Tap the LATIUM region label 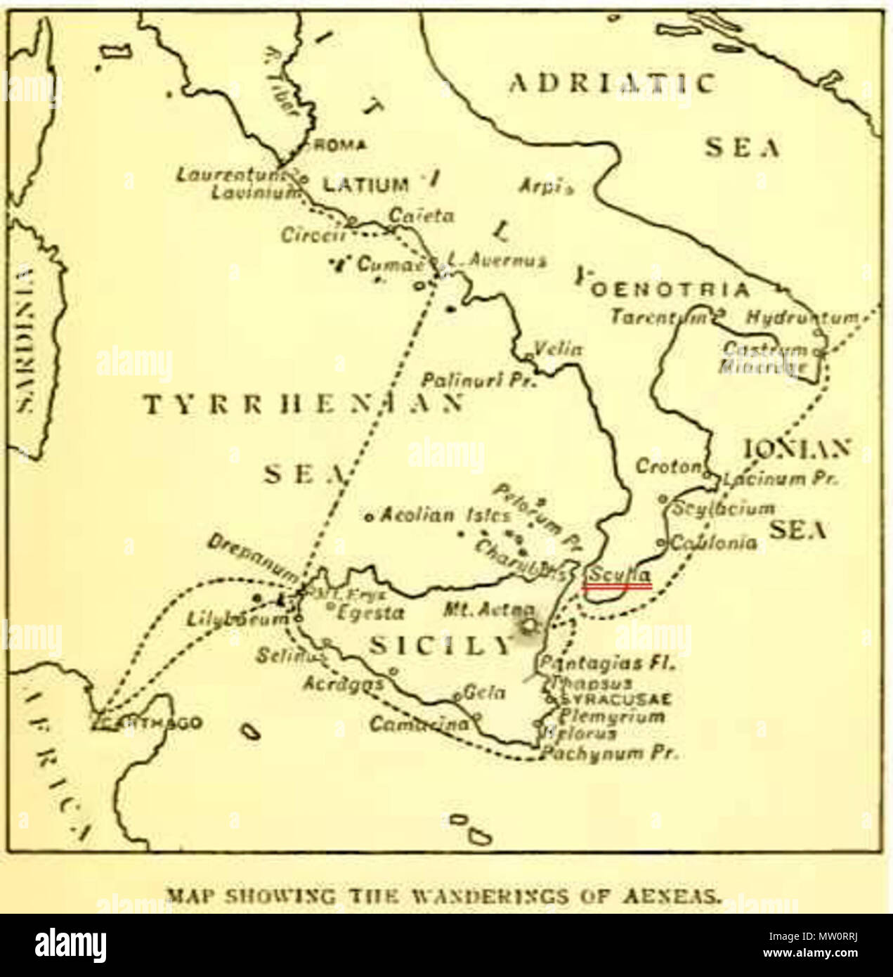click(365, 185)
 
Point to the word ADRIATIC click(612, 84)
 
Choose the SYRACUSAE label click(617, 699)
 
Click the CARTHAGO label click(151, 723)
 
